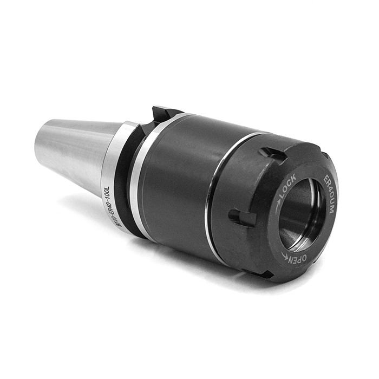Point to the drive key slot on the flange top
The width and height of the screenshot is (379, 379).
coord(162,114)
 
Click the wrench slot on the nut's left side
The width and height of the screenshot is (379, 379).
coord(242,217)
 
